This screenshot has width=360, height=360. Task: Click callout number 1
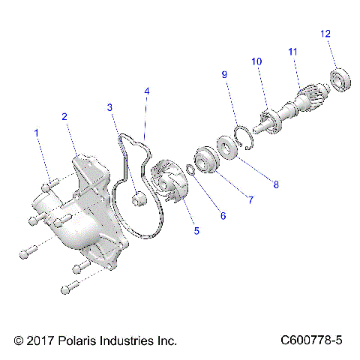pos(36,133)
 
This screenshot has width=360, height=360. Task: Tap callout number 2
pos(65,116)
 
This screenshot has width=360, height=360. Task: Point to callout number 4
pos(147,91)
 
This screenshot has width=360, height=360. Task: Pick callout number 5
pos(196,232)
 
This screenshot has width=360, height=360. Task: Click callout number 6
pos(223,216)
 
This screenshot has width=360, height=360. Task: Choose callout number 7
pos(251,200)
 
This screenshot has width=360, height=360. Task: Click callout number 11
pos(293,51)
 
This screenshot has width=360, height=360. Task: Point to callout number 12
pos(325,34)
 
